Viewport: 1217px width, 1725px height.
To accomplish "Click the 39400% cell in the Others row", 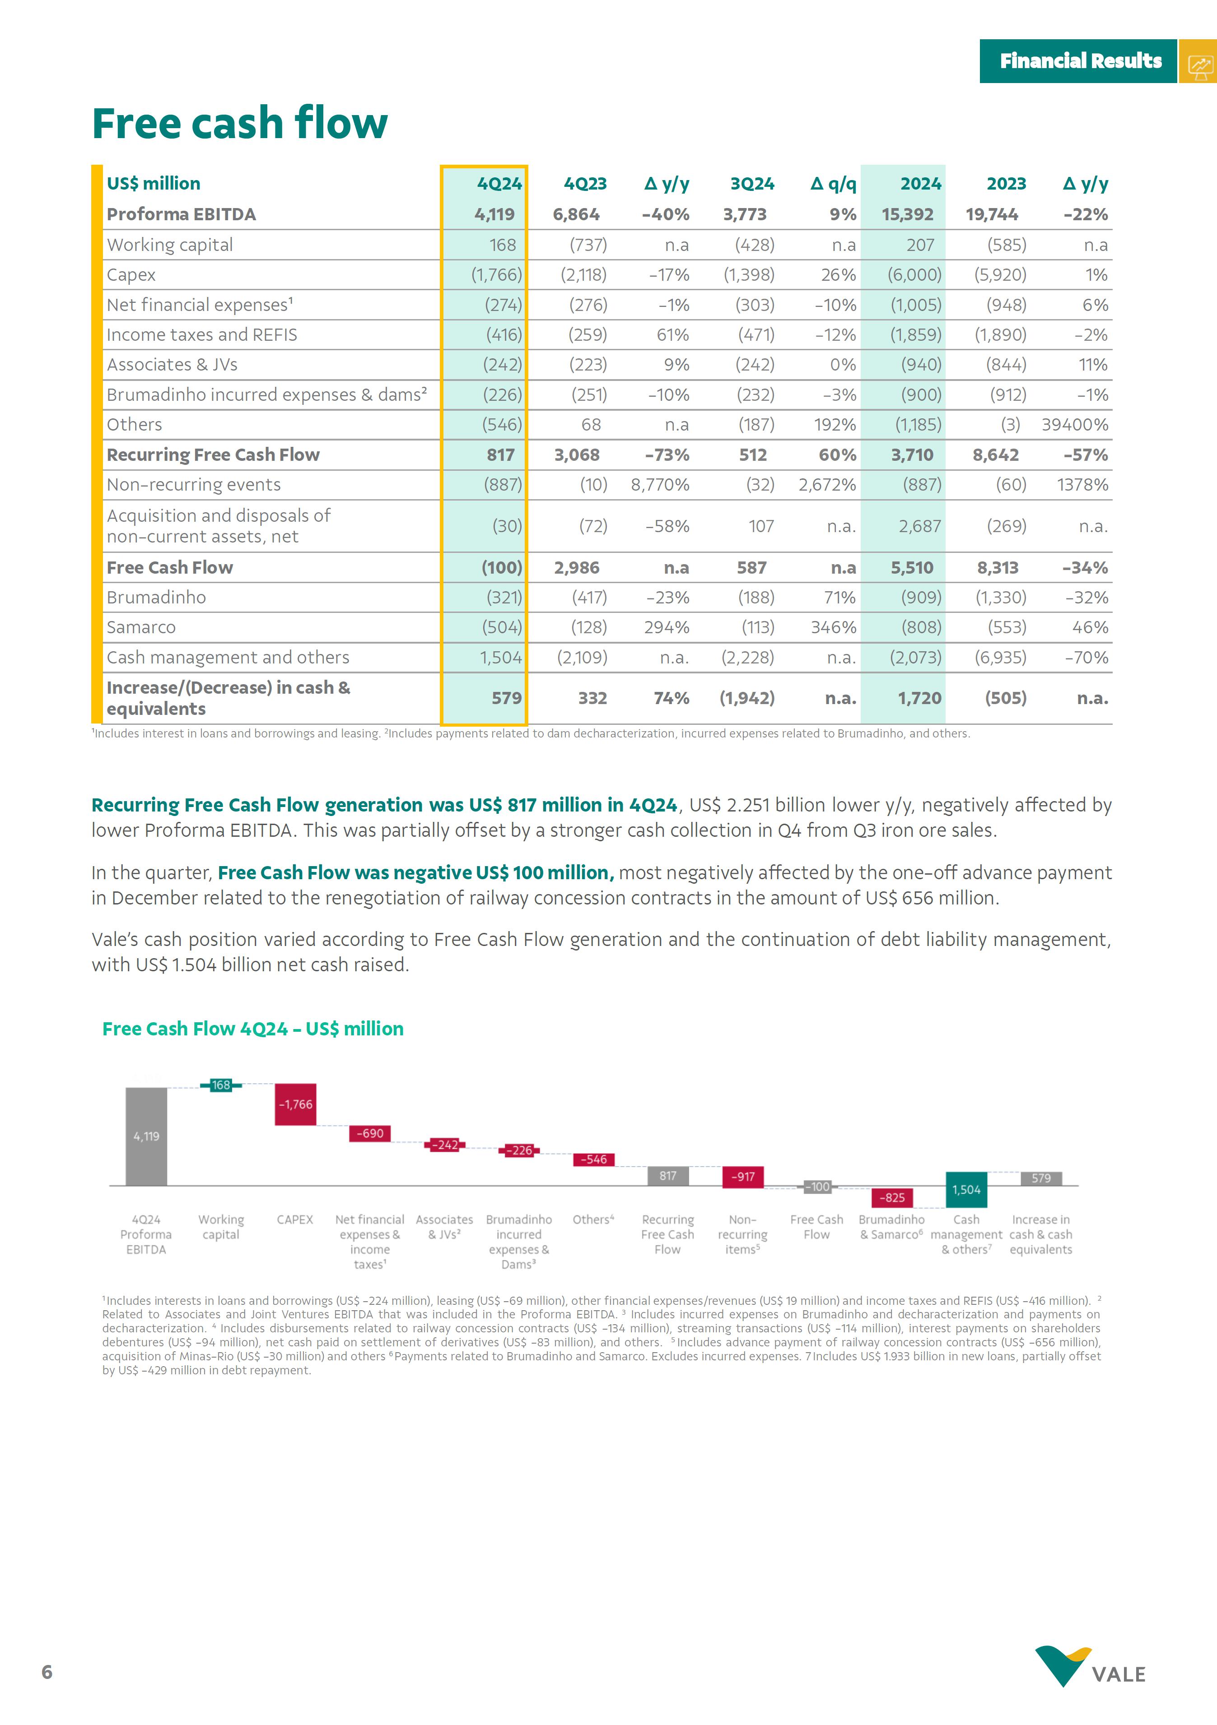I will [1074, 425].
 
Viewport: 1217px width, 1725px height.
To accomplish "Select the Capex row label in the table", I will [131, 275].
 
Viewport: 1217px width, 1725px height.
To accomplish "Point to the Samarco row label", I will [141, 627].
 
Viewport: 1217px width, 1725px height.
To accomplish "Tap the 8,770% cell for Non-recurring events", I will [660, 485].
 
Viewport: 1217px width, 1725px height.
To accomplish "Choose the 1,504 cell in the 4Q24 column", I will [501, 658].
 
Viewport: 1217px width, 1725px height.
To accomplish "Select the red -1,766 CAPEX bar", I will [295, 1104].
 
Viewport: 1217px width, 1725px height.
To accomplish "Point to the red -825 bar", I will [892, 1197].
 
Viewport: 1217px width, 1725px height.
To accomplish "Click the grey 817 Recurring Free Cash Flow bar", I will [667, 1176].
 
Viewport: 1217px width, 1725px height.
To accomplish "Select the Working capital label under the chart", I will [221, 1227].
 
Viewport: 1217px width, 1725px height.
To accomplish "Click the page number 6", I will [47, 1672].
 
